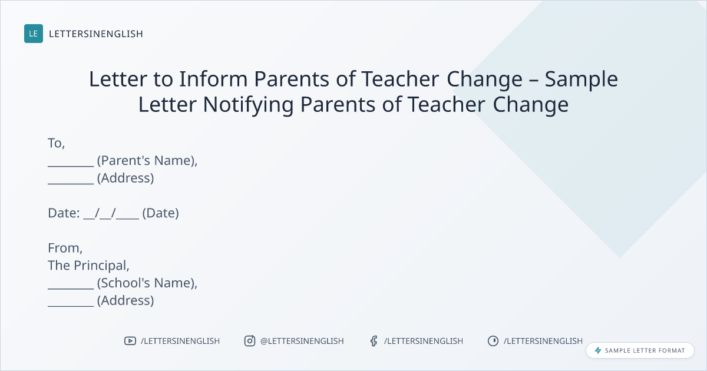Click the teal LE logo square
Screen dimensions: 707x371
[34, 34]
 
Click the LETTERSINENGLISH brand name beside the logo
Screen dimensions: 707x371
[96, 34]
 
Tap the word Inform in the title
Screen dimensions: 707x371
[213, 78]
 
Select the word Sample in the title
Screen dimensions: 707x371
[581, 79]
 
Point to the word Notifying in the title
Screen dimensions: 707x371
[248, 105]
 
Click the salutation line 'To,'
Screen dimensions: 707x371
[56, 143]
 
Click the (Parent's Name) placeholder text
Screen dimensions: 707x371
[147, 161]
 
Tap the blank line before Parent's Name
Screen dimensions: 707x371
[71, 166]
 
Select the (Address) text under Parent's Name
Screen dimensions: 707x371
[125, 178]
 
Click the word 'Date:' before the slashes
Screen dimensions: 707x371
[64, 213]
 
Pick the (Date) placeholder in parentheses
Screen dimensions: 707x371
[161, 213]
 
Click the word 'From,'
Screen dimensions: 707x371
[65, 249]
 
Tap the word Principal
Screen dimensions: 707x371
[101, 266]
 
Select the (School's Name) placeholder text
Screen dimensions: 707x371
[147, 283]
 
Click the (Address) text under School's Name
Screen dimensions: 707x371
[125, 301]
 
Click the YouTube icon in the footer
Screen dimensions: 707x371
[130, 341]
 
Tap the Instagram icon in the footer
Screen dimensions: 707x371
[250, 341]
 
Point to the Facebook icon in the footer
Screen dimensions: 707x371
[374, 341]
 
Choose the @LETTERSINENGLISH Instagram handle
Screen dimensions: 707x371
[302, 341]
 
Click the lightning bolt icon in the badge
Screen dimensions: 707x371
[598, 350]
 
